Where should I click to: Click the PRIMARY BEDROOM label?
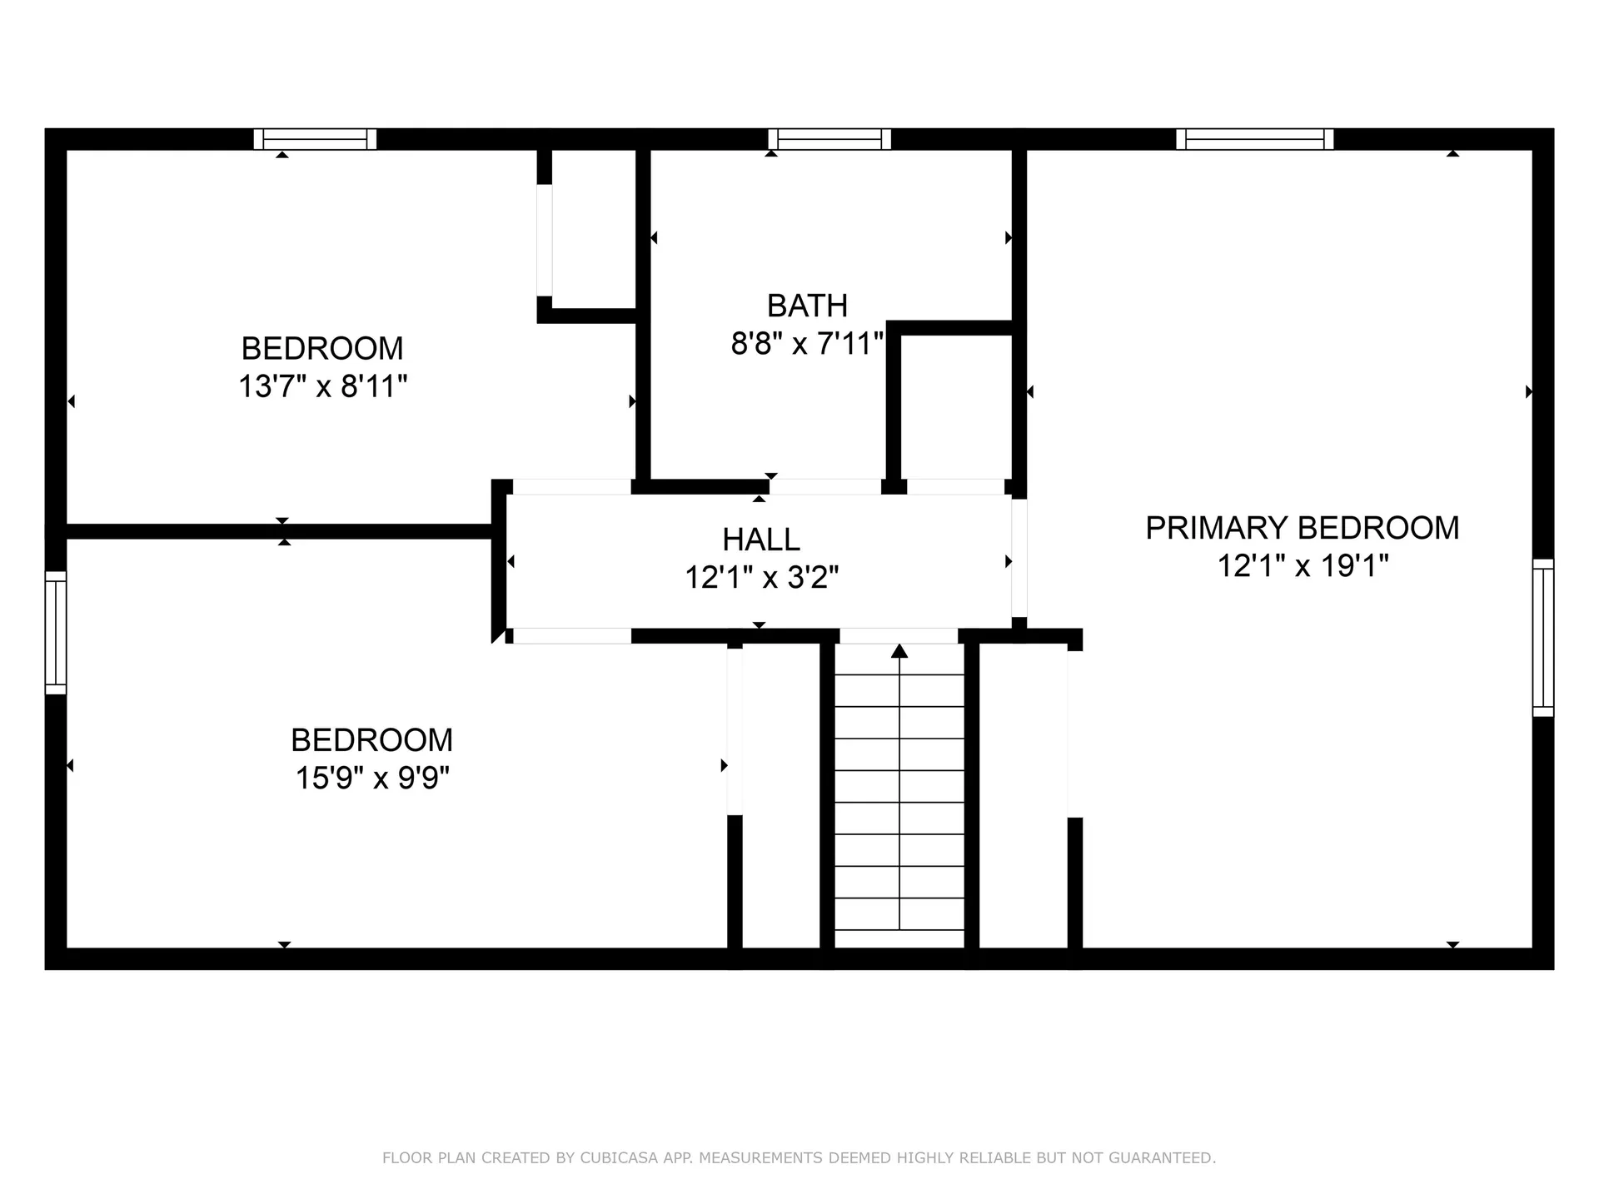click(x=1303, y=528)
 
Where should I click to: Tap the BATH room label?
click(x=807, y=306)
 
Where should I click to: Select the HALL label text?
click(x=761, y=540)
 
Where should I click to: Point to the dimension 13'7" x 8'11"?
click(x=323, y=386)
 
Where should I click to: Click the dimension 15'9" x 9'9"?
click(x=372, y=778)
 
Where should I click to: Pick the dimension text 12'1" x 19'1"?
click(x=1303, y=566)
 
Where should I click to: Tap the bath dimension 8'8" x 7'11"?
click(x=807, y=343)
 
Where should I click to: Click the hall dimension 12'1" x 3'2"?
click(x=761, y=577)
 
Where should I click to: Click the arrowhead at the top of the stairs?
click(x=899, y=651)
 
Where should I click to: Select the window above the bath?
click(x=829, y=139)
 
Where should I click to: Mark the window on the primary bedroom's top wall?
click(x=1254, y=139)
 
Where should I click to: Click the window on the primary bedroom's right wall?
click(x=1543, y=638)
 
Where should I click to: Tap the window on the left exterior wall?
click(x=56, y=633)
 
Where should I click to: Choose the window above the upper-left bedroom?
click(x=315, y=139)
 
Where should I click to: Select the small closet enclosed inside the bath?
click(x=957, y=407)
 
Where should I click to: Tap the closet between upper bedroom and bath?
click(x=594, y=229)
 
